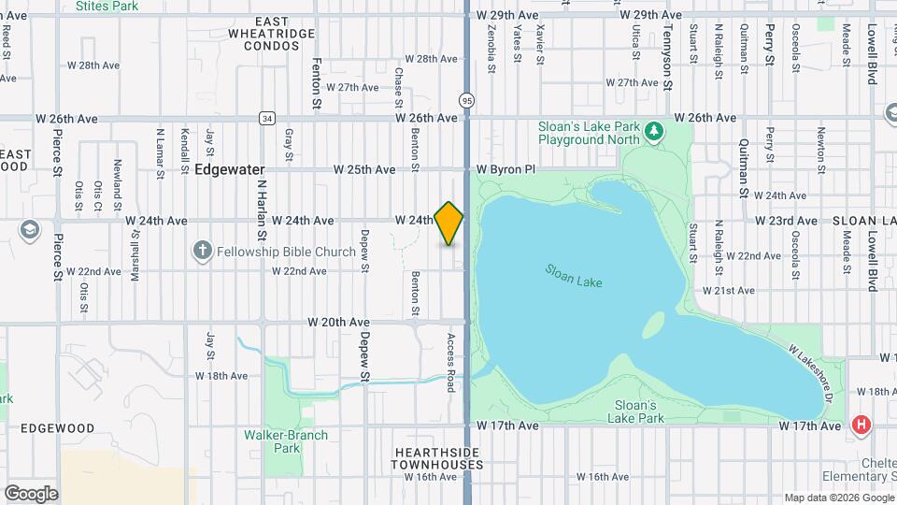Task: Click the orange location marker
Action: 448,224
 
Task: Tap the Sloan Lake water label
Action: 574,276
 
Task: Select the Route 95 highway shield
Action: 465,99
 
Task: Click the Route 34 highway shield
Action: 268,119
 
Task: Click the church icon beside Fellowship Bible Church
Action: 201,251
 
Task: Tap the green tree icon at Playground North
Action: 655,130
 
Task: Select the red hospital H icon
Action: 861,426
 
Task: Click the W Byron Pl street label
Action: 505,169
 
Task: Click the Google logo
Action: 31,493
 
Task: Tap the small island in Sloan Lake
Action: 653,325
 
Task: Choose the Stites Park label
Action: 105,6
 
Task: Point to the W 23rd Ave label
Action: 787,221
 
